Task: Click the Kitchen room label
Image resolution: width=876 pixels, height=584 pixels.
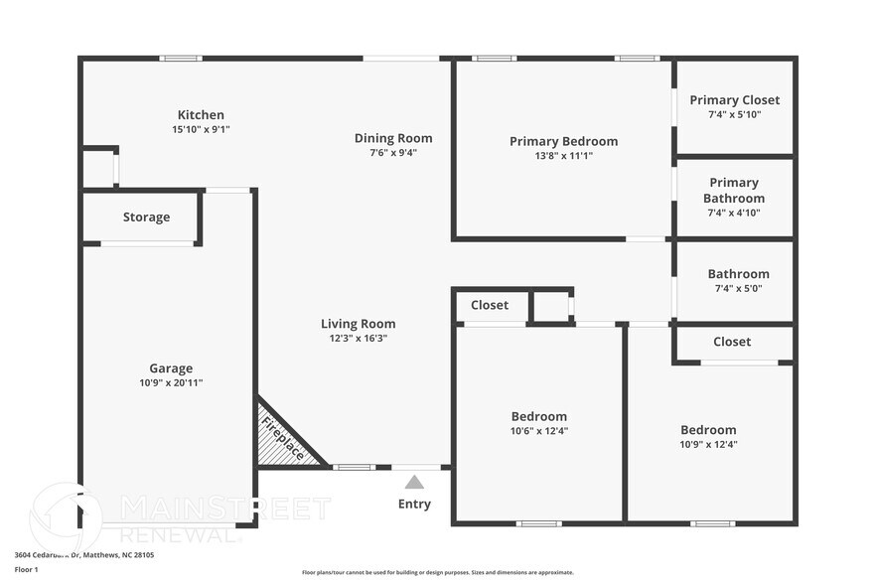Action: pyautogui.click(x=201, y=114)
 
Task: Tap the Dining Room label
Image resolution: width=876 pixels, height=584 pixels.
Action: pyautogui.click(x=393, y=138)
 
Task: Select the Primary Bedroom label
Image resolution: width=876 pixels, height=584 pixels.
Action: pyautogui.click(x=563, y=141)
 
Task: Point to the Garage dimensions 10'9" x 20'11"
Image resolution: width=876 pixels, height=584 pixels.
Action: pyautogui.click(x=172, y=382)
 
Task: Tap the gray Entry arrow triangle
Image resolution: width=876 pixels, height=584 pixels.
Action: pyautogui.click(x=414, y=482)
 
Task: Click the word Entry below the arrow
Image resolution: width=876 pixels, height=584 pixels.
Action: pyautogui.click(x=414, y=504)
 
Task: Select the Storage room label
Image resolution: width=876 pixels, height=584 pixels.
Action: pyautogui.click(x=146, y=217)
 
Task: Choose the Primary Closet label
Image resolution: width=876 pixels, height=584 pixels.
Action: pyautogui.click(x=734, y=99)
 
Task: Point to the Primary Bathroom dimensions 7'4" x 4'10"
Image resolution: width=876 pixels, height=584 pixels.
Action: pyautogui.click(x=734, y=212)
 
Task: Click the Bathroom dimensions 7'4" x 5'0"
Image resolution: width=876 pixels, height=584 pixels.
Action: pyautogui.click(x=738, y=288)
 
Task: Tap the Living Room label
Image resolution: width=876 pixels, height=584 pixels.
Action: pyautogui.click(x=358, y=323)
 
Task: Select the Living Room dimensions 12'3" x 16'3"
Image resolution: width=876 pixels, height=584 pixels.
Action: pyautogui.click(x=358, y=338)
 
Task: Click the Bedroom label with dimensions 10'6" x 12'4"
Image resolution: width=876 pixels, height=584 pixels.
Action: pyautogui.click(x=539, y=416)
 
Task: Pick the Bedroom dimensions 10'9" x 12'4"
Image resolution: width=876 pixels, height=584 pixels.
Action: pyautogui.click(x=708, y=444)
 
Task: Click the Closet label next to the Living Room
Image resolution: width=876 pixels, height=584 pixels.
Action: pyautogui.click(x=489, y=305)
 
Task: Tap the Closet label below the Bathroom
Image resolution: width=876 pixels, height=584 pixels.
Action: pyautogui.click(x=732, y=341)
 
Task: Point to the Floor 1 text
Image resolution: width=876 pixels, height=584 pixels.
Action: pyautogui.click(x=27, y=569)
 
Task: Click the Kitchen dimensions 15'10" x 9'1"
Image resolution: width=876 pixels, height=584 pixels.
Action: pyautogui.click(x=201, y=129)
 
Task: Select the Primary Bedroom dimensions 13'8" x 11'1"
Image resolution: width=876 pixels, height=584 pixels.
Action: pyautogui.click(x=563, y=155)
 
